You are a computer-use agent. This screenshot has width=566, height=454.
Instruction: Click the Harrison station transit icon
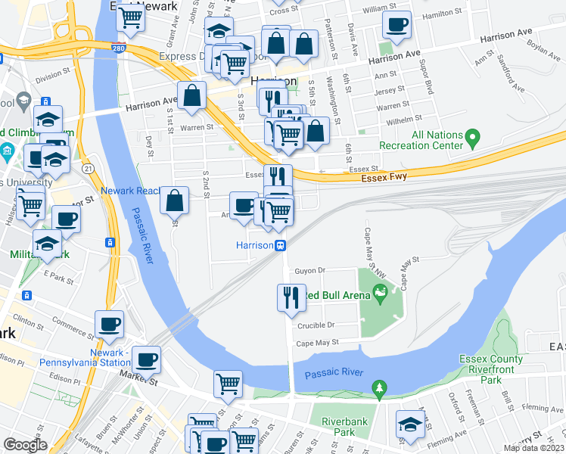[281, 245]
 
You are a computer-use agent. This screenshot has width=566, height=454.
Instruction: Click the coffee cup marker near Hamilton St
[397, 24]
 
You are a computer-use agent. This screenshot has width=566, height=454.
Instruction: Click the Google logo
[25, 445]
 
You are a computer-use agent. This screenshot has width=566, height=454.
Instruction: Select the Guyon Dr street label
[309, 270]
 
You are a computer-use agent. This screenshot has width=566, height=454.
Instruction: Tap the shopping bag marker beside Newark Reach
[175, 201]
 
